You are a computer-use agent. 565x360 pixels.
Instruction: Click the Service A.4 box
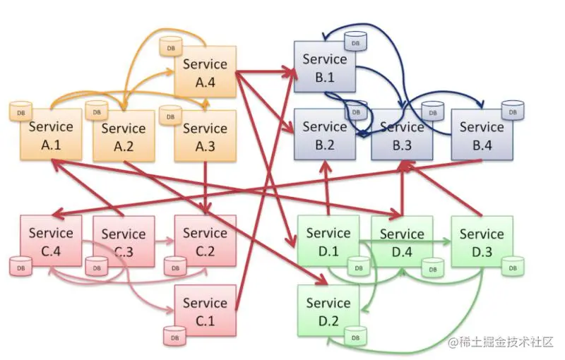coord(206,71)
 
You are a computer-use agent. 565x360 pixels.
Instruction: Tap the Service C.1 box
coord(206,311)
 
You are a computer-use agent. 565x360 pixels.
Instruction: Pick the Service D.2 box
coord(328,311)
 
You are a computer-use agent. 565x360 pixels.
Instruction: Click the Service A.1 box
coord(51,134)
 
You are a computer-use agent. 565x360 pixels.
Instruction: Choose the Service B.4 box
coord(482,135)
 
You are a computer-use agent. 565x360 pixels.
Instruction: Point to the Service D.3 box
coord(482,241)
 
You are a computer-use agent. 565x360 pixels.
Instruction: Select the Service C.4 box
coord(51,241)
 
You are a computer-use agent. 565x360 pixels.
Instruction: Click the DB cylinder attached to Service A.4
coord(171,47)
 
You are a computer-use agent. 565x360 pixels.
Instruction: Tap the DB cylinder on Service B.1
coord(356,42)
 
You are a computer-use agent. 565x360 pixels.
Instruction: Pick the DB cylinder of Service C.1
coord(174,336)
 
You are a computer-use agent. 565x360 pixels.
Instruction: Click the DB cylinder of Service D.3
coord(513,266)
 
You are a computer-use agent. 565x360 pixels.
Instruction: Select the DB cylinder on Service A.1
coord(21,112)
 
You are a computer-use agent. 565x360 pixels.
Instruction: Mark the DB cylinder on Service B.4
coord(513,111)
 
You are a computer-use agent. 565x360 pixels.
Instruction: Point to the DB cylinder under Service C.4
coord(21,266)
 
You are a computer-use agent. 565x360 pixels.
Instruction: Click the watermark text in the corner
coord(501,342)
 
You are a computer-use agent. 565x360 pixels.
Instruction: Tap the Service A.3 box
coord(206,136)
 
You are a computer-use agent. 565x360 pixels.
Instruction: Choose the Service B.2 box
coord(325,134)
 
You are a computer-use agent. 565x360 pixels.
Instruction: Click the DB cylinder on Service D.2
coord(356,336)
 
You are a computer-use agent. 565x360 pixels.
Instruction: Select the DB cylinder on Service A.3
coord(171,115)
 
